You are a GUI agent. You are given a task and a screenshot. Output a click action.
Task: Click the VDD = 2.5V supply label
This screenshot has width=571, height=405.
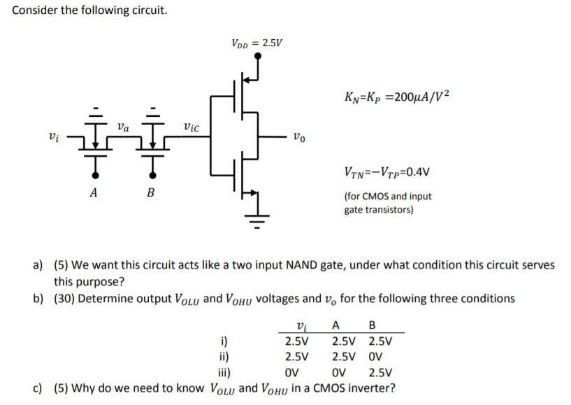(x=256, y=43)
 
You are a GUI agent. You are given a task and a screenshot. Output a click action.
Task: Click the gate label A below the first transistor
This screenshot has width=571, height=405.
(x=93, y=194)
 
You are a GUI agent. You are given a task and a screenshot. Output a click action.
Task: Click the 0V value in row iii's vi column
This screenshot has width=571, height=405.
(x=294, y=372)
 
